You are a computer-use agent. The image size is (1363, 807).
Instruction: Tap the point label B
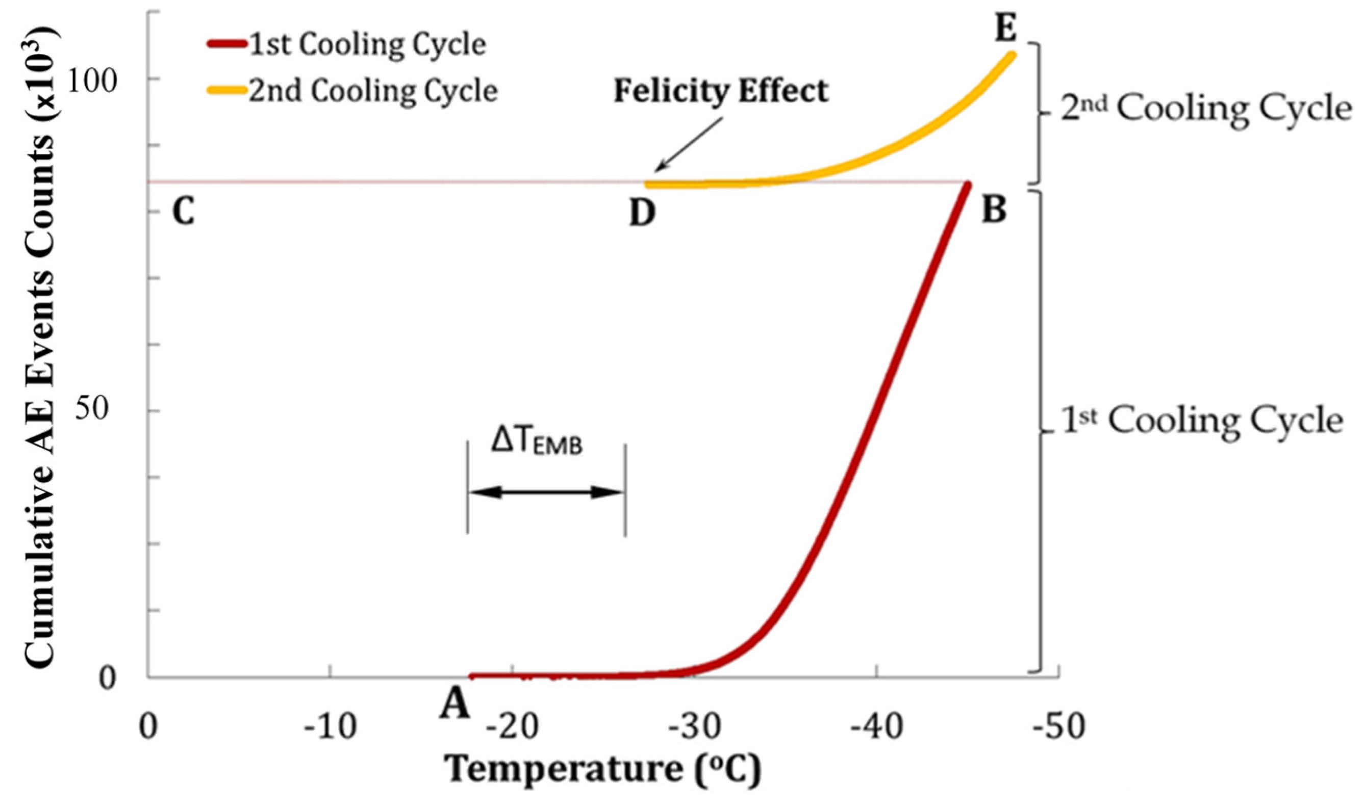coord(994,210)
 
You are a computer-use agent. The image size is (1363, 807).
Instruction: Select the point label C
coord(184,211)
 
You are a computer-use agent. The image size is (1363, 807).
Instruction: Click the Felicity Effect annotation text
coord(720,91)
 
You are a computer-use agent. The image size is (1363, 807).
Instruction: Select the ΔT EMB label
coord(537,442)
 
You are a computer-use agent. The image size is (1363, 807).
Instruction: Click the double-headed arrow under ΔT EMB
coord(546,492)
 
